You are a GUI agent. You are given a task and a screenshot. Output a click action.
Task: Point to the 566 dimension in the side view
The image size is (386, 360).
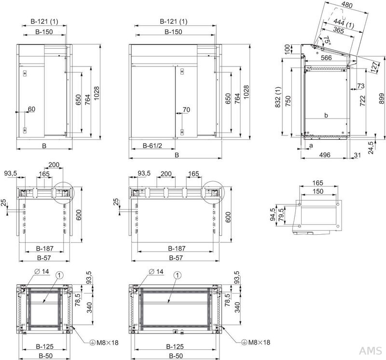pos(326,58)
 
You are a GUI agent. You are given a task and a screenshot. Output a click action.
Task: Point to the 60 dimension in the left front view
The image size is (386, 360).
pos(31,110)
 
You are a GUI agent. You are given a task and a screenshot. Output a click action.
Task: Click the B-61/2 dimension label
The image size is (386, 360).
pos(152,145)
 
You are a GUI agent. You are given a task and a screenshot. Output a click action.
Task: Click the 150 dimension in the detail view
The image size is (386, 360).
pos(317,191)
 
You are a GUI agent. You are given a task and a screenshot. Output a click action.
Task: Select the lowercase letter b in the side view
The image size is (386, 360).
pos(326,116)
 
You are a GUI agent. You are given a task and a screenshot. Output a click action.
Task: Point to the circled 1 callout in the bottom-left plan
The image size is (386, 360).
pos(59,275)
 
